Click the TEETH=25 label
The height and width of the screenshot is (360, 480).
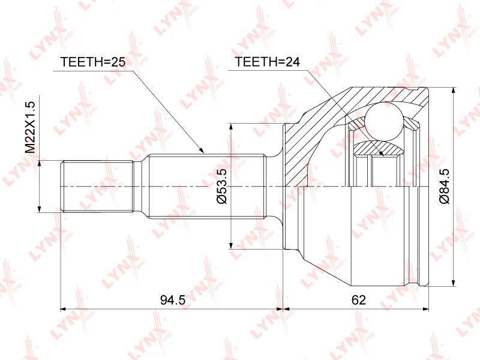(93, 62)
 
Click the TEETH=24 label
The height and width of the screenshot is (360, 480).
(267, 62)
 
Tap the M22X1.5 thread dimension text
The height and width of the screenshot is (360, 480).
(31, 127)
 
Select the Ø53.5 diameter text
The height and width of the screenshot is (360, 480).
(221, 186)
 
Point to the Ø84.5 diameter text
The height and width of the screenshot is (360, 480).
(444, 186)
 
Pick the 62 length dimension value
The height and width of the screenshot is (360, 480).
(359, 300)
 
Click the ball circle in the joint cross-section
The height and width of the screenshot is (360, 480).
(384, 122)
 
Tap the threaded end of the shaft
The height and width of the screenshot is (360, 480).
(98, 187)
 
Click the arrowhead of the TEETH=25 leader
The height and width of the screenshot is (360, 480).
(201, 150)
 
